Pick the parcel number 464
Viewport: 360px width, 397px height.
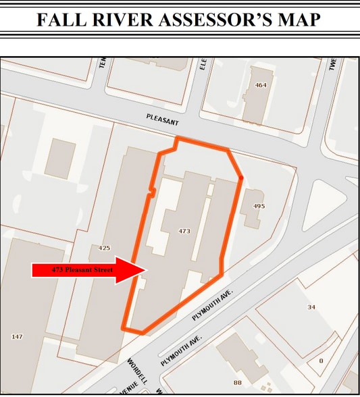(261, 85)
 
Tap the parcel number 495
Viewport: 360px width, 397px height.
(259, 205)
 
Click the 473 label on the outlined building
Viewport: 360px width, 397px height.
(184, 231)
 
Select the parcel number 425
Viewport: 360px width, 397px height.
(104, 248)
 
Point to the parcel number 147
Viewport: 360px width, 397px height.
(18, 336)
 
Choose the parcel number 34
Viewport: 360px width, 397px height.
(311, 307)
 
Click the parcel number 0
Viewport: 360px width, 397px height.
(321, 361)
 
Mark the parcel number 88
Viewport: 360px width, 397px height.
(238, 383)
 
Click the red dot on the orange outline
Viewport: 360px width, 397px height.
(242, 178)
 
